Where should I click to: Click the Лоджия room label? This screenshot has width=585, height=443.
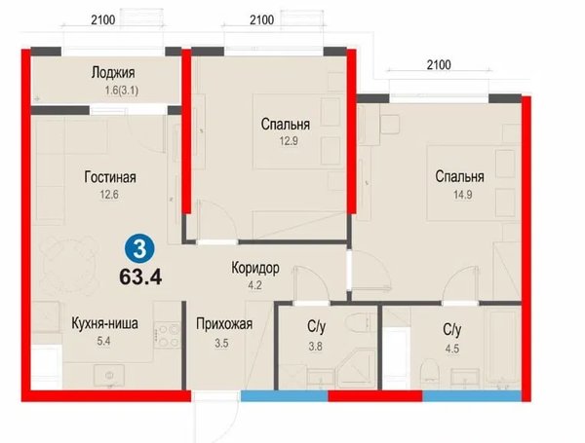(x=113, y=73)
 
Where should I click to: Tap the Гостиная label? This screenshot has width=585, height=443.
(x=110, y=177)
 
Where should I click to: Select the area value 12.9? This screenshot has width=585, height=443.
(x=289, y=141)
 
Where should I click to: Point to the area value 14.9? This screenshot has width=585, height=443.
(x=462, y=195)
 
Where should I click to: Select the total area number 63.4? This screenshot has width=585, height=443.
(x=140, y=277)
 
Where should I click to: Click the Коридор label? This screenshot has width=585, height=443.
(x=255, y=268)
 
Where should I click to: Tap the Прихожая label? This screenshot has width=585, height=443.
(x=224, y=324)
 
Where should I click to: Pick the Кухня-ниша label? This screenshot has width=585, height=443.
(x=104, y=323)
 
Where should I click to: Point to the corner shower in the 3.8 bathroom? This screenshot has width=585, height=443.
(x=356, y=368)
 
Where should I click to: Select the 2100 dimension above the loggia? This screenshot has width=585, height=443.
(x=103, y=19)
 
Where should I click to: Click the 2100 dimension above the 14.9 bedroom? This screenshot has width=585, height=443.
(x=439, y=65)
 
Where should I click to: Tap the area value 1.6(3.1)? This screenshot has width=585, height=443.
(x=122, y=91)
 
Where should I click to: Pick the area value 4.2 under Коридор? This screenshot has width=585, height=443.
(x=254, y=285)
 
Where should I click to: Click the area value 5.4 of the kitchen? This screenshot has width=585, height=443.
(x=103, y=341)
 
